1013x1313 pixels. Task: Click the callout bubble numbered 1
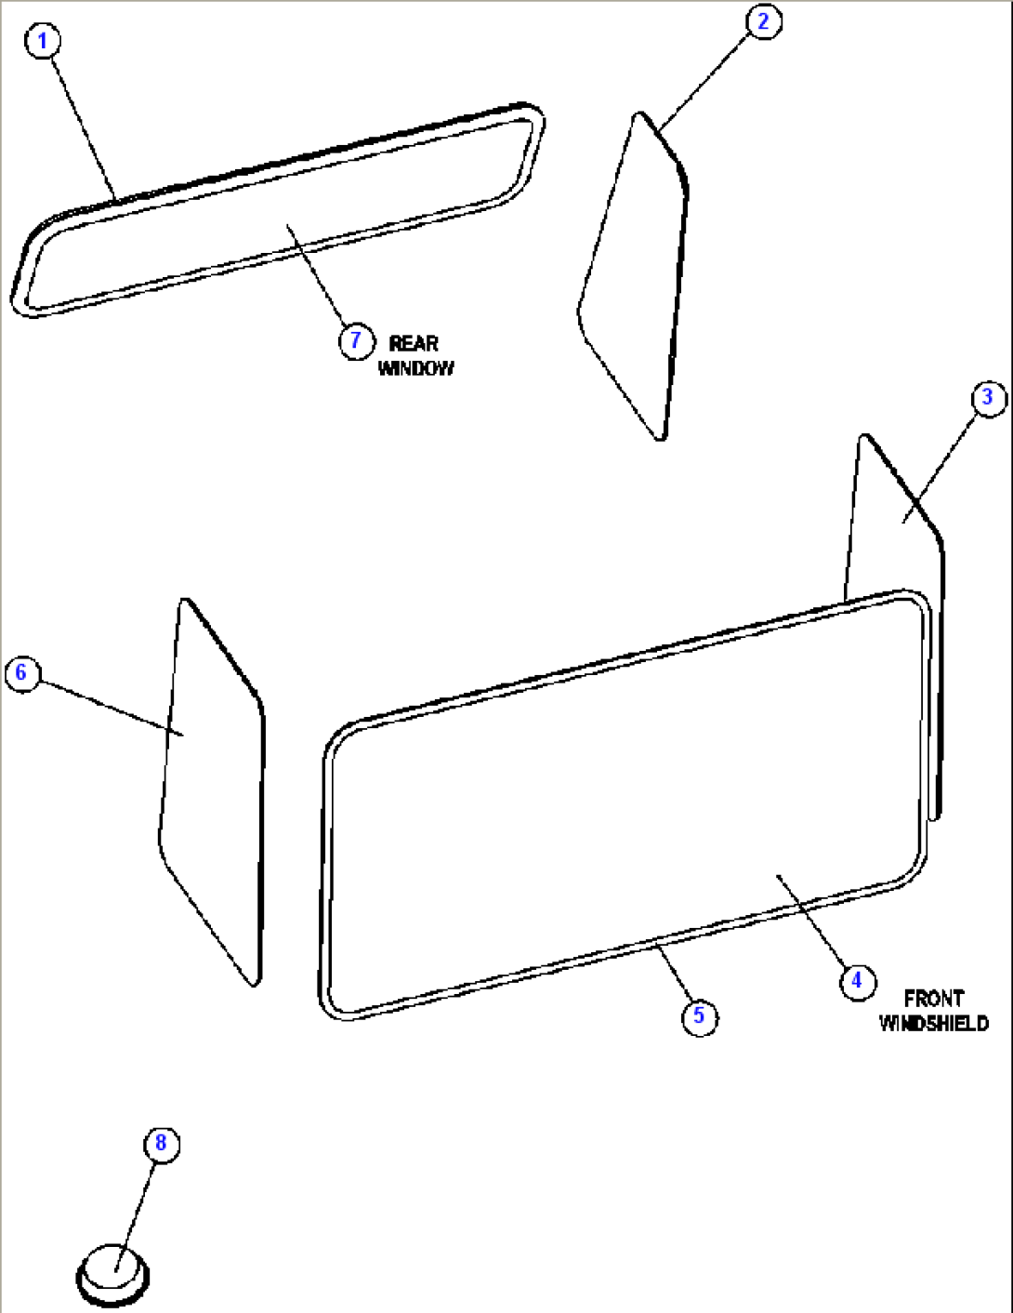(43, 41)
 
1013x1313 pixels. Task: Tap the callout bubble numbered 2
(764, 21)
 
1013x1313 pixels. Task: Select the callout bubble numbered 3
(988, 398)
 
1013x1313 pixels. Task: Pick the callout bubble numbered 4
(857, 980)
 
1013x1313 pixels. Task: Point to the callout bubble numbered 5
(699, 1015)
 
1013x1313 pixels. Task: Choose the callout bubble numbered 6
(22, 672)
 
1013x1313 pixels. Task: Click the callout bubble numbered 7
(355, 341)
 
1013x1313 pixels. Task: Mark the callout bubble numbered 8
(161, 1143)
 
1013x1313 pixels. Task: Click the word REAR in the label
(414, 343)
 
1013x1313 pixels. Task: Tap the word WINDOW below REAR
(416, 368)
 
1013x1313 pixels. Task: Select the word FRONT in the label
(933, 999)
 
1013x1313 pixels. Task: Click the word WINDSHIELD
(933, 1024)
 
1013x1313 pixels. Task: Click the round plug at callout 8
(112, 1274)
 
